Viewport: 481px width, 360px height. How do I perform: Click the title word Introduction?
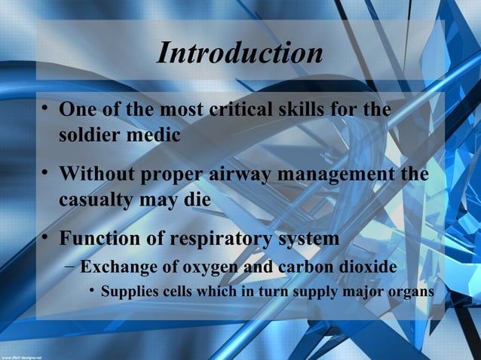point(239,53)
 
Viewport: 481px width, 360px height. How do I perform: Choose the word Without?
point(96,175)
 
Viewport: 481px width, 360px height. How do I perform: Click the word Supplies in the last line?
point(129,291)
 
